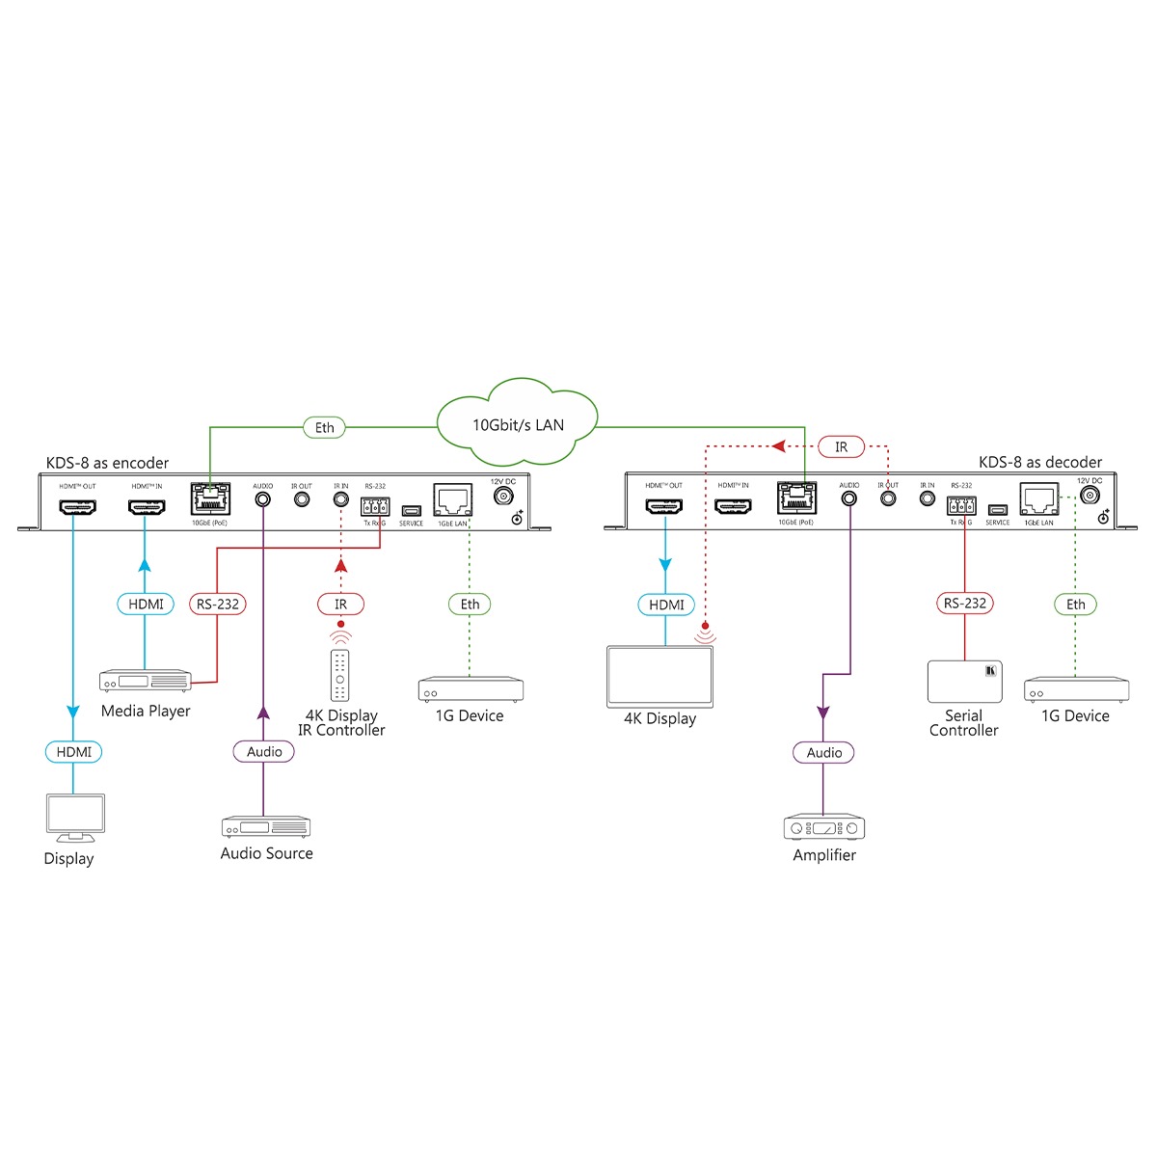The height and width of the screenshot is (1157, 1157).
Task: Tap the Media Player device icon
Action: coord(146,681)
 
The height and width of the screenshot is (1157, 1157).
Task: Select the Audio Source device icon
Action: coord(266,827)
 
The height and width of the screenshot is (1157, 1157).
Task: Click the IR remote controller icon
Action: coord(339,675)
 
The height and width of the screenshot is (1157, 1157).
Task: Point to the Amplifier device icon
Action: coord(824,828)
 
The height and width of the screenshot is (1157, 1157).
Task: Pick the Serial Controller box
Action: coord(964,682)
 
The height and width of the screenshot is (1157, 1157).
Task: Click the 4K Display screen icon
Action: coord(659,676)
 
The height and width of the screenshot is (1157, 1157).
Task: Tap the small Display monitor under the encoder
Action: coord(75,816)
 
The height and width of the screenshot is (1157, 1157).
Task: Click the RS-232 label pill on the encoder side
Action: coord(217,604)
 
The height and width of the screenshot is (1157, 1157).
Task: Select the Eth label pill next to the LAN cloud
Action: coord(325,427)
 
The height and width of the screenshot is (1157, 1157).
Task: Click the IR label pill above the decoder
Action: coord(841,447)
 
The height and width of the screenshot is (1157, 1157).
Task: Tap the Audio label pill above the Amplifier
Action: coord(824,752)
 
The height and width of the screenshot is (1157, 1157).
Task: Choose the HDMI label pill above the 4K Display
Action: coord(666,605)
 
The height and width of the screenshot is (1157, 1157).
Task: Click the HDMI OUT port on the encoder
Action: coord(77,506)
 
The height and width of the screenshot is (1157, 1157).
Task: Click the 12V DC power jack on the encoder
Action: coord(502,496)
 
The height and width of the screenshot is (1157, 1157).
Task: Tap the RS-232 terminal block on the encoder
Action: coord(375,507)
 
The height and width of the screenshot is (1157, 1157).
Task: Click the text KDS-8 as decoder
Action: coord(1040,463)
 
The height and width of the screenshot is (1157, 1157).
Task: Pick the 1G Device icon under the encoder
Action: coord(471,689)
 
